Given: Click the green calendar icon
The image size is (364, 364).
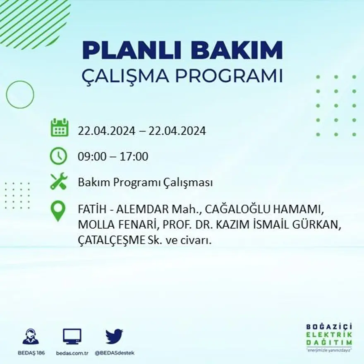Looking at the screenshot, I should click(59, 128).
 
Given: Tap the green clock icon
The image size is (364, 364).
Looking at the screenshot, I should click(58, 156).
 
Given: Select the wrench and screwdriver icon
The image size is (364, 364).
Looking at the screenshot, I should click(58, 182).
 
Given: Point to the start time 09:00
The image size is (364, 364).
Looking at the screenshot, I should click(91, 157).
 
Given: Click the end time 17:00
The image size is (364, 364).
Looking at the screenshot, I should click(134, 157).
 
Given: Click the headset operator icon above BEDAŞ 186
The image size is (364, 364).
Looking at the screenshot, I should click(31, 337).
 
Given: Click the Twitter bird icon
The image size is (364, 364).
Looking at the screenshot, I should click(114, 336).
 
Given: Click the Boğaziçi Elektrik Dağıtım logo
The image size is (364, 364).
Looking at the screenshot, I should click(329, 336).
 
